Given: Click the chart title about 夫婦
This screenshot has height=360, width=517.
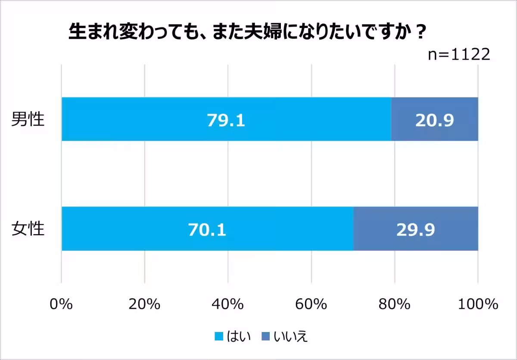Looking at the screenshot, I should click(x=247, y=33).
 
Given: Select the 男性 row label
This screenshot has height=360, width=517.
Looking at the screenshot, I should click(x=28, y=119).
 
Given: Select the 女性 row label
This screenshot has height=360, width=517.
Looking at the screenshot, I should click(x=28, y=229).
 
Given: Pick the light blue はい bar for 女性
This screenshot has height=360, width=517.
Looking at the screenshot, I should click(x=129, y=229).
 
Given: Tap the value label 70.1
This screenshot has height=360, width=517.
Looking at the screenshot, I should click(x=207, y=230).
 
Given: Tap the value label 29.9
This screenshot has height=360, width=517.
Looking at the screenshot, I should click(x=415, y=230).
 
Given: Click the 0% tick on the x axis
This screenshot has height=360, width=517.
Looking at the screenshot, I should click(x=61, y=304).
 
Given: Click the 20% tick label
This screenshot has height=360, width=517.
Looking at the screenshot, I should click(x=144, y=304).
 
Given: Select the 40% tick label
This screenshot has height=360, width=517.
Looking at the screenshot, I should click(x=228, y=304).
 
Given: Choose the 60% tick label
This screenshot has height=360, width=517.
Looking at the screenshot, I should click(x=311, y=304).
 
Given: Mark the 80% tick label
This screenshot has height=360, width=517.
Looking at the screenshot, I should click(x=395, y=304).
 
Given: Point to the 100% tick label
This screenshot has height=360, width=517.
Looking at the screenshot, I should click(x=477, y=304).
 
